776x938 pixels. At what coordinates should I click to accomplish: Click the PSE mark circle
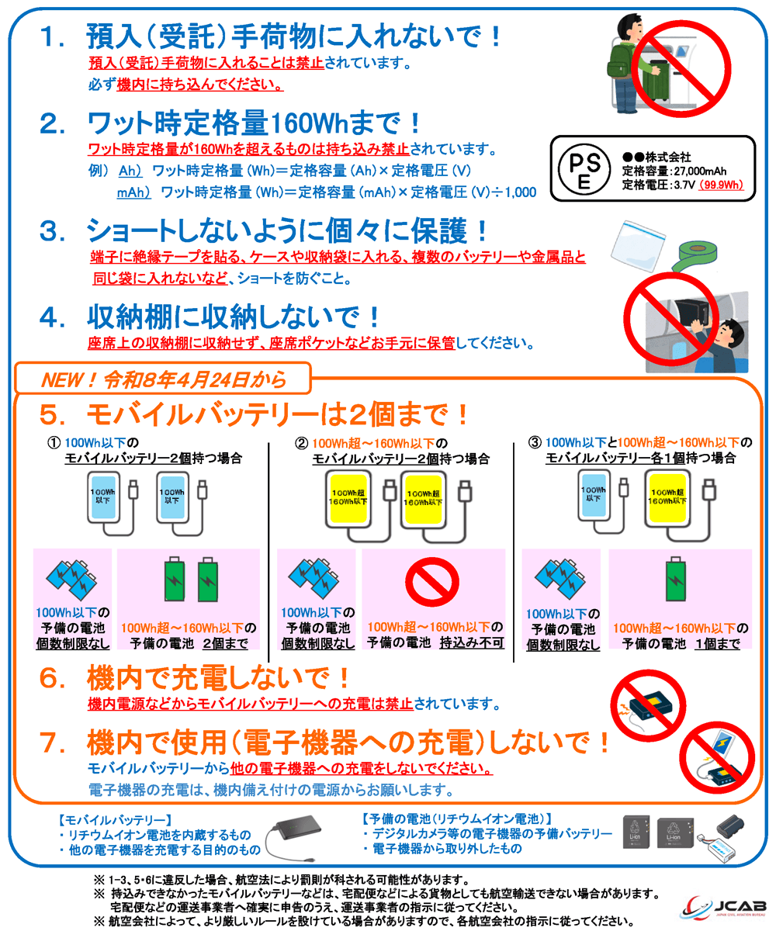(584, 169)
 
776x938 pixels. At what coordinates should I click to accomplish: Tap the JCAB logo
(724, 907)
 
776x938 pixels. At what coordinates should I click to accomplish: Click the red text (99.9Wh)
(721, 185)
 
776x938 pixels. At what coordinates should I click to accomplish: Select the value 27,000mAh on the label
(701, 171)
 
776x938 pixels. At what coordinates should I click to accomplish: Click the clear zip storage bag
(638, 246)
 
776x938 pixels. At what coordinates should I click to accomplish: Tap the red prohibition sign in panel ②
(432, 583)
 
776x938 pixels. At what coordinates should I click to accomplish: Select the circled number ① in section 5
(54, 442)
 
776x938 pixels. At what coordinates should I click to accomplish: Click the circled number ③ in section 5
(535, 442)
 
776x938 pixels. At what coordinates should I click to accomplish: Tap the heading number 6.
(52, 678)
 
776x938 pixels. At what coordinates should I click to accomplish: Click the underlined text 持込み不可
(471, 642)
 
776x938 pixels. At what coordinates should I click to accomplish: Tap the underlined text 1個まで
(718, 644)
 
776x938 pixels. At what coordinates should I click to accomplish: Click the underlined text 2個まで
(225, 643)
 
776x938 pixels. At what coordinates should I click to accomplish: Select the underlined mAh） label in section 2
(133, 192)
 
